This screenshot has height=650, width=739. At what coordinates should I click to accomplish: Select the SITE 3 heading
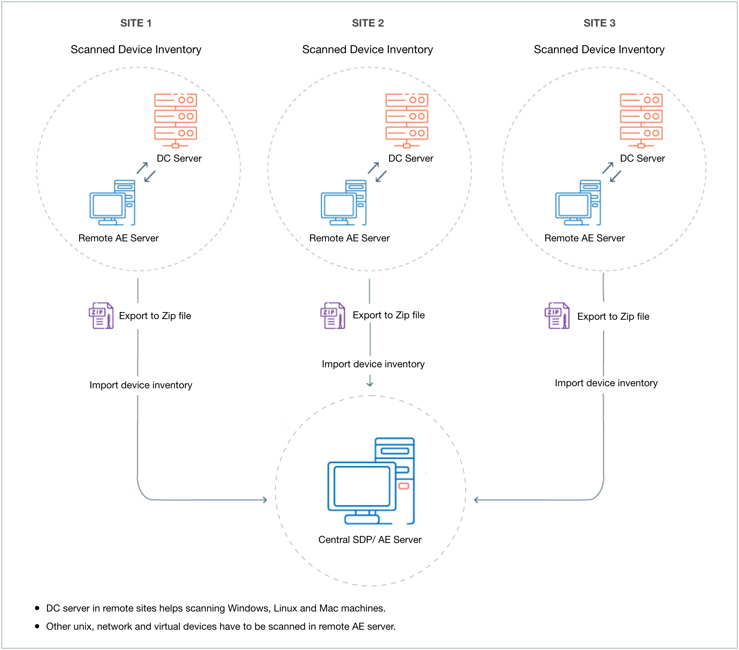(599, 23)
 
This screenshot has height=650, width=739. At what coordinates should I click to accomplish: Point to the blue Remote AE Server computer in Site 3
(578, 203)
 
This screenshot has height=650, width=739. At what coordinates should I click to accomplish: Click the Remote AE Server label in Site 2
(349, 238)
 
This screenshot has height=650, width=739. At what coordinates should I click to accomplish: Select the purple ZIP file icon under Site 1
(101, 316)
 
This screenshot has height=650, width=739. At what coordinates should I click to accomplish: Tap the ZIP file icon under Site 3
(557, 316)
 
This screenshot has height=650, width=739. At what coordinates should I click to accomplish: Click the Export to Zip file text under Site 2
(389, 315)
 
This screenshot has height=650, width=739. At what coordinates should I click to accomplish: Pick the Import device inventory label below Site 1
(141, 385)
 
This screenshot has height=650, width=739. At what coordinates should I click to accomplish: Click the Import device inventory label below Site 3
(606, 383)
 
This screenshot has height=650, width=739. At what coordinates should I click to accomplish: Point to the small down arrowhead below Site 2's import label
(369, 384)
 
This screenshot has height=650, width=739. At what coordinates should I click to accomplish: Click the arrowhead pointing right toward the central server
(265, 500)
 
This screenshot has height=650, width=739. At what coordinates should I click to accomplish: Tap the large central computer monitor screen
(361, 486)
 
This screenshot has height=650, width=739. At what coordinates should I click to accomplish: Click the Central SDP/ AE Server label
(370, 540)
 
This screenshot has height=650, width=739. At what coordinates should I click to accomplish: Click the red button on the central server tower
(403, 486)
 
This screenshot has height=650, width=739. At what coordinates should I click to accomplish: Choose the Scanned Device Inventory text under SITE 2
(367, 50)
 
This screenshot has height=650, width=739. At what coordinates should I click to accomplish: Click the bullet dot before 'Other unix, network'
(37, 626)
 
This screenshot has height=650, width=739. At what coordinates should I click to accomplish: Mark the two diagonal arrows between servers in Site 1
(146, 172)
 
